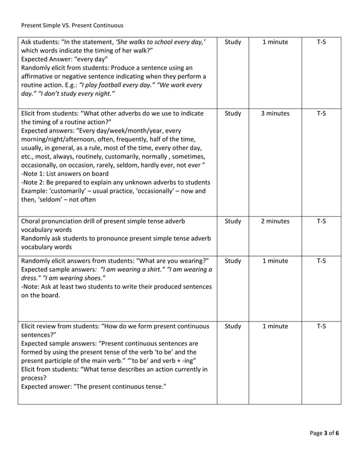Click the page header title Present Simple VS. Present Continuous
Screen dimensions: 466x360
pos(72,25)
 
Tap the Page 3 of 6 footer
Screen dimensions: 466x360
pos(324,433)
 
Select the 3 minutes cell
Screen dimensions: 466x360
pos(275,113)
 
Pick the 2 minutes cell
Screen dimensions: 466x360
pos(275,222)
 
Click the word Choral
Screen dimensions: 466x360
pos(33,222)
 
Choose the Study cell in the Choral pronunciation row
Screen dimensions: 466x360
pos(232,222)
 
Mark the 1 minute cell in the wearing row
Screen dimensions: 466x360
pos(275,261)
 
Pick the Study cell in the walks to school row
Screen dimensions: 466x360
pos(232,42)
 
